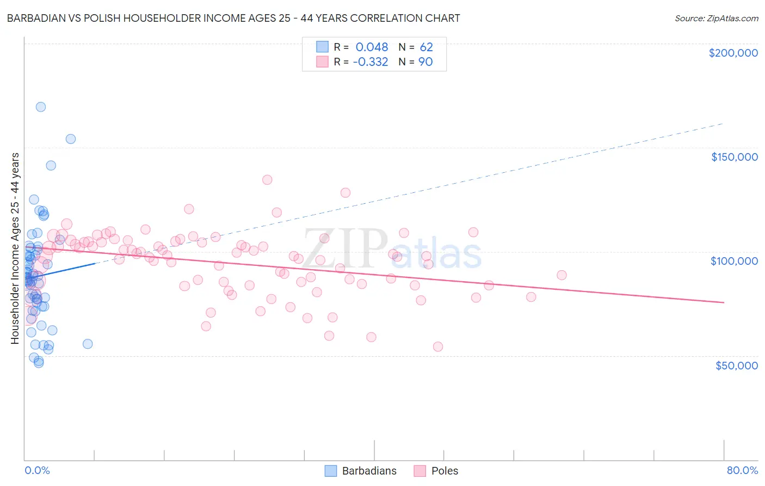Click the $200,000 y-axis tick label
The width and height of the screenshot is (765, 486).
[733, 53]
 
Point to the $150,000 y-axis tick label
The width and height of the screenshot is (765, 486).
[734, 157]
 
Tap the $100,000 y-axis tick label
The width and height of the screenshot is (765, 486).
[734, 261]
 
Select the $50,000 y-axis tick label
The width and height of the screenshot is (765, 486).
[736, 365]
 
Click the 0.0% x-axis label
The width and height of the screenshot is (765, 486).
[37, 470]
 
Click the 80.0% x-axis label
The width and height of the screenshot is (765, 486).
[742, 470]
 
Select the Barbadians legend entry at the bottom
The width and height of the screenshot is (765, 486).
[361, 471]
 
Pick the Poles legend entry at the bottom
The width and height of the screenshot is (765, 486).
[436, 471]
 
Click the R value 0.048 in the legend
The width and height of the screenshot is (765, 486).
[372, 47]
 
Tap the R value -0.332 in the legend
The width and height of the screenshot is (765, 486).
[370, 62]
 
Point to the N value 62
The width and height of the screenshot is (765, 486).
[426, 47]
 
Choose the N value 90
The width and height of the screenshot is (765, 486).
[425, 62]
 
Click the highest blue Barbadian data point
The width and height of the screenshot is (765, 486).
[40, 107]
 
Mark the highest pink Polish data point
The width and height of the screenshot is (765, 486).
[267, 180]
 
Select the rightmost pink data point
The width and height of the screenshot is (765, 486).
[562, 275]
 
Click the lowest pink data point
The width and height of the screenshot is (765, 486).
[438, 347]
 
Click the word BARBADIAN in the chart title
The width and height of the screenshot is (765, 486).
[38, 18]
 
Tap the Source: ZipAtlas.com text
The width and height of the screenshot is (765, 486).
[716, 18]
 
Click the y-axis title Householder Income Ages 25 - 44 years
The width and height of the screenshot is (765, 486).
[15, 248]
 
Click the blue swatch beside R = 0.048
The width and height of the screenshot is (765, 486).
[323, 47]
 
